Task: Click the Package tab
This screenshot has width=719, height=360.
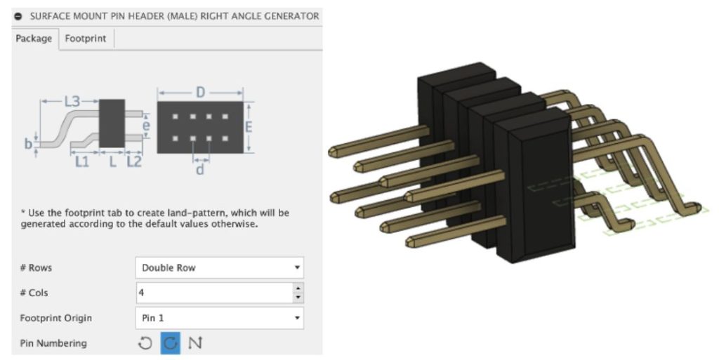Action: pos(34,39)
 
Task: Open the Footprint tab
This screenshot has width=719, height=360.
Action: pos(86,39)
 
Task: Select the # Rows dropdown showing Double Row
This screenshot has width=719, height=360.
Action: pos(219,267)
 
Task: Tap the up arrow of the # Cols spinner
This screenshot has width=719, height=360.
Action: pos(298,288)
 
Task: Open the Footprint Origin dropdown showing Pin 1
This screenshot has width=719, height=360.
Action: pos(219,318)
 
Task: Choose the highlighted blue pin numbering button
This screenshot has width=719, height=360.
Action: pos(170,343)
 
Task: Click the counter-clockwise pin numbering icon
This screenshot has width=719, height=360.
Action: pos(145,343)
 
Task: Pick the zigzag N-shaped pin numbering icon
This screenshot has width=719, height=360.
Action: pos(195,343)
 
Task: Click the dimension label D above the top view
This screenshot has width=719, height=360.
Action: pos(200,93)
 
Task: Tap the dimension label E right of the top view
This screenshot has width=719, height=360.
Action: pos(248,126)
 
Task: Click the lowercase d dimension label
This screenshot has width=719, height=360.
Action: pos(200,169)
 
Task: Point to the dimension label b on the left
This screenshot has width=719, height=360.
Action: pos(28,144)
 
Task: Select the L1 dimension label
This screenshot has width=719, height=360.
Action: pos(82,161)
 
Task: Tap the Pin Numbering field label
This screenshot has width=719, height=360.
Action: pos(53,343)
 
